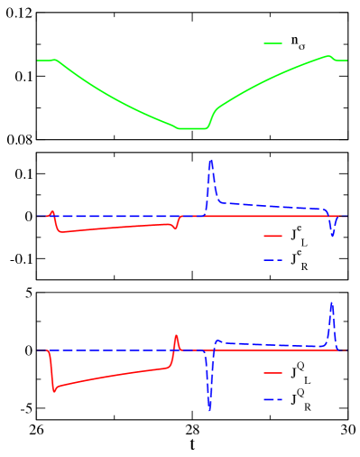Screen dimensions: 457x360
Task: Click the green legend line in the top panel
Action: (272, 43)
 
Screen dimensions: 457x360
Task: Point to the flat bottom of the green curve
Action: (191, 128)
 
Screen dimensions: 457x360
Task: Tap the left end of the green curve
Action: (38, 61)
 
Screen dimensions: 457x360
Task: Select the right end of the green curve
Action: (346, 61)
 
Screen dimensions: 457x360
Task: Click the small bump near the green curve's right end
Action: (328, 56)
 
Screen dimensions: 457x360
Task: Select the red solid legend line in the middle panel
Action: (272, 237)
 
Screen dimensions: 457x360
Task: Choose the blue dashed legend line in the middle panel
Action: (272, 260)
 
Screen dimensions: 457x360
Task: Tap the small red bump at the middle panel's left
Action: (52, 212)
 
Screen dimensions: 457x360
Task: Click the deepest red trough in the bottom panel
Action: (54, 391)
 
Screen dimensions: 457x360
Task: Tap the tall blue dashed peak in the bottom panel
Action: (331, 303)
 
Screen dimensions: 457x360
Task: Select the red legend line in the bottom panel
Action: (272, 372)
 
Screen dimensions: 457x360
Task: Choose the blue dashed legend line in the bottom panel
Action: (272, 399)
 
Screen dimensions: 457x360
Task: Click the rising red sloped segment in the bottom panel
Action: (113, 378)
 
